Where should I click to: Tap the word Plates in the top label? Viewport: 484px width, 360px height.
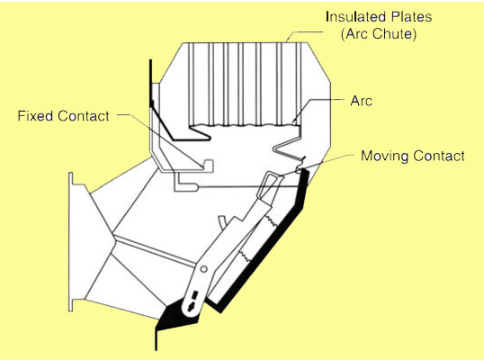point(408,17)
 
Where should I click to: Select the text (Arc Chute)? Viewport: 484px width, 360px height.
point(379,34)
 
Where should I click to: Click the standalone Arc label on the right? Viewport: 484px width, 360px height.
point(361,101)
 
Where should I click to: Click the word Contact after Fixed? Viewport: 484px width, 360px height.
point(84,116)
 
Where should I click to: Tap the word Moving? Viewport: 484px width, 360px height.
point(384,157)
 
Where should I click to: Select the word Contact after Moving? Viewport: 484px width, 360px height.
point(439,156)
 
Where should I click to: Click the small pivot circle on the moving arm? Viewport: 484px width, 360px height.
point(203,269)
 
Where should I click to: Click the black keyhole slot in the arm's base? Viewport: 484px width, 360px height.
point(192,300)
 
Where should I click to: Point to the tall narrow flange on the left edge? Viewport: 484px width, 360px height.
point(71,242)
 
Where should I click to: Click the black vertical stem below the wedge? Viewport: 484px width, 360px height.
point(157,340)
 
